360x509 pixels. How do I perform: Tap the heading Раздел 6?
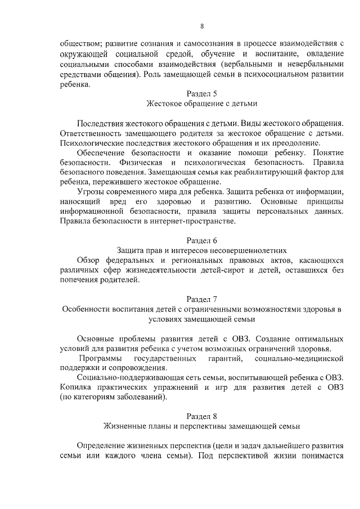201,240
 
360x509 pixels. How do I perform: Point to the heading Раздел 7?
201,299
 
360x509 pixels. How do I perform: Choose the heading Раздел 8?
201,416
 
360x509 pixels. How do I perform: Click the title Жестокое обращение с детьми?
201,103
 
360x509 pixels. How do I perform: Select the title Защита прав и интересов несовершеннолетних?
201,249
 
